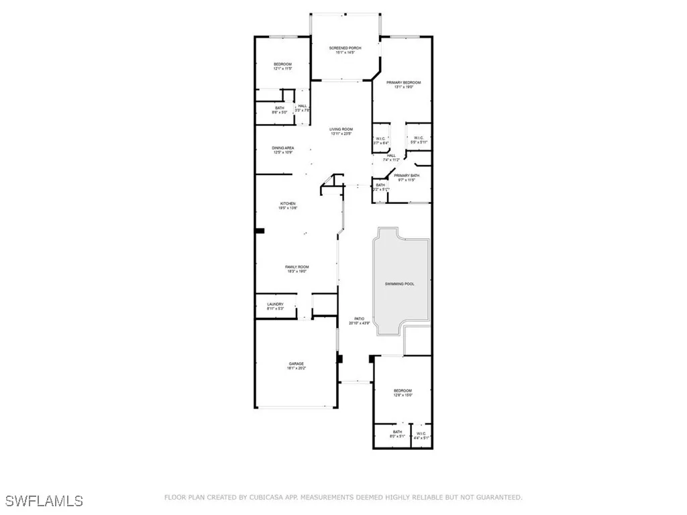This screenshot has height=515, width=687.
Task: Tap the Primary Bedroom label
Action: tap(403, 84)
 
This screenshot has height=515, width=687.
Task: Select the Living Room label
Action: tap(341, 131)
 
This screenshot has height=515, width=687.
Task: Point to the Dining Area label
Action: tap(282, 150)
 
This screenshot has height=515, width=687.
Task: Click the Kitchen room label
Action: tap(288, 206)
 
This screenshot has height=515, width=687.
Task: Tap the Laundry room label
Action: tap(275, 306)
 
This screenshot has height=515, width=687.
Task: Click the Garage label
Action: tap(296, 366)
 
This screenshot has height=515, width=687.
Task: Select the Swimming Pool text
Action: tap(399, 284)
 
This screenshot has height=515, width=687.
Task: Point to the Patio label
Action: tap(359, 321)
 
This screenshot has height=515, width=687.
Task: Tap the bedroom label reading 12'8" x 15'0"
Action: tap(403, 392)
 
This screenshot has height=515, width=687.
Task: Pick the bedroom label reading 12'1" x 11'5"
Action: tap(282, 66)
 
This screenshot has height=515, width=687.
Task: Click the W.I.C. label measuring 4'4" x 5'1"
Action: tap(421, 435)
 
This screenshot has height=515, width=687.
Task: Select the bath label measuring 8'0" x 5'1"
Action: tap(397, 434)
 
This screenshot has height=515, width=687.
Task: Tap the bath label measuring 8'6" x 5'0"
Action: tap(279, 110)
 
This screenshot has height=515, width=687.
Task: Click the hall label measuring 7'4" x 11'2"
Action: tap(390, 158)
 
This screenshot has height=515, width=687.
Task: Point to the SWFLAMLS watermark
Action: tap(44, 500)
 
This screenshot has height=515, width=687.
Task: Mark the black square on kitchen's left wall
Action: tap(259, 231)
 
